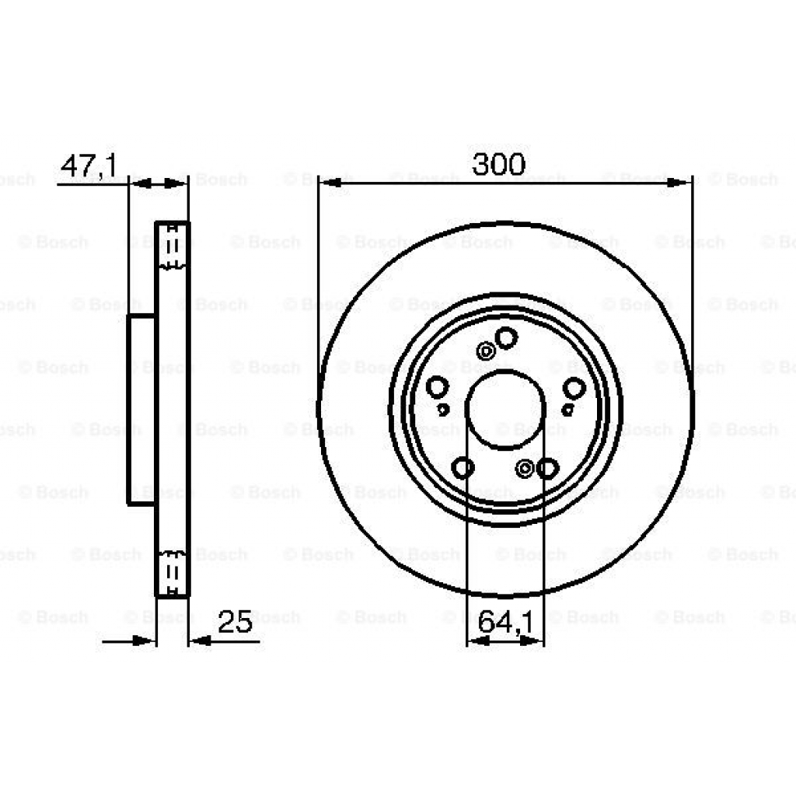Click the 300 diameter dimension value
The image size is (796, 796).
pos(499,164)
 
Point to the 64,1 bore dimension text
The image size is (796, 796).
pos(504,621)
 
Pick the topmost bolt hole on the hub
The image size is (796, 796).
pos(506,337)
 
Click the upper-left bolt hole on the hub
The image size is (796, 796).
pos(438,386)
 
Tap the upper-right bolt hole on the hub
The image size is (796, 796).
pos(574,387)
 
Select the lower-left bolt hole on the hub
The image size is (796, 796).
pos(463,468)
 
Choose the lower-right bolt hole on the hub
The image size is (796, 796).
pos(547,468)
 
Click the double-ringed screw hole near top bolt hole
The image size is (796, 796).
pos(487,351)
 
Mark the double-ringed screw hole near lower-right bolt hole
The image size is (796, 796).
pos(526,468)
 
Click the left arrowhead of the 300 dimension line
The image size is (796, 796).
pos(330,183)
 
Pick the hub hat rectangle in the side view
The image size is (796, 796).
pos(142,410)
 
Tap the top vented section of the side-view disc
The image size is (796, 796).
pos(173,246)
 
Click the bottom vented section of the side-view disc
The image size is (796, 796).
pos(173,574)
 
